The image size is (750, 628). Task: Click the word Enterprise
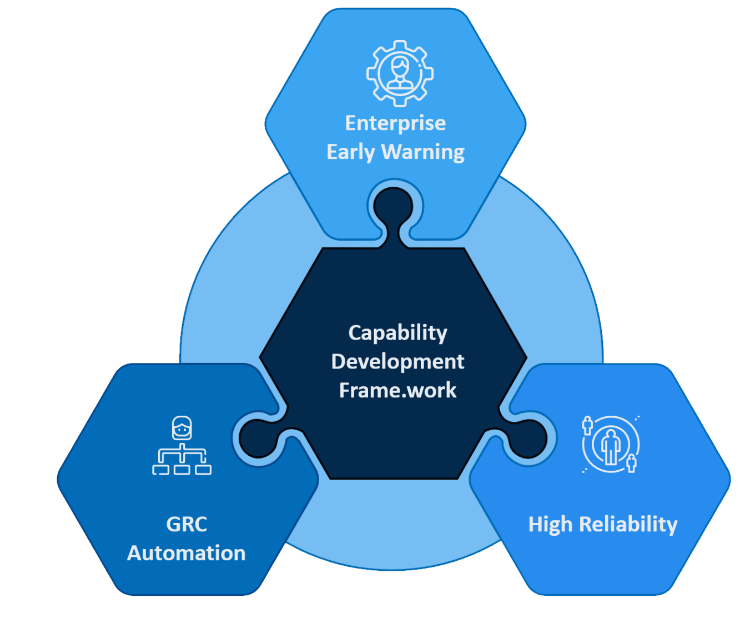[395, 123]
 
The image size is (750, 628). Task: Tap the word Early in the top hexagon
[351, 152]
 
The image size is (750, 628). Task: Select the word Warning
[423, 152]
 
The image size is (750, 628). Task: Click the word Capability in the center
[397, 333]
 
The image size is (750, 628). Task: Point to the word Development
[397, 362]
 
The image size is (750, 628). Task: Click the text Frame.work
[397, 390]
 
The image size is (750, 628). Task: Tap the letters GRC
[187, 524]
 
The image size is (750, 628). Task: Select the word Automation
[187, 553]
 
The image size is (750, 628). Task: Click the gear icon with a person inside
[400, 74]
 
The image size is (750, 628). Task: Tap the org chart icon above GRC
[182, 445]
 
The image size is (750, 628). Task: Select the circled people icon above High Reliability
[611, 444]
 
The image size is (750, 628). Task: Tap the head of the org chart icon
[182, 428]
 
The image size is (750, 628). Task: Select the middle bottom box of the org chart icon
[182, 470]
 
